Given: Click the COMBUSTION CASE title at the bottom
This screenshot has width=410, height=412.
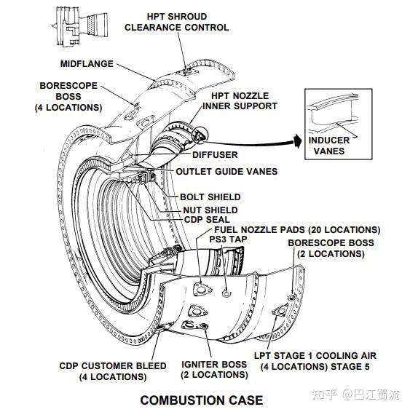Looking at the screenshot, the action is tap(202, 400).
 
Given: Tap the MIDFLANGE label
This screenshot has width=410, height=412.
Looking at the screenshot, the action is tap(87, 64).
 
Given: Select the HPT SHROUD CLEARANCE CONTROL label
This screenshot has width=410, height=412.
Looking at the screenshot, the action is tap(177, 22).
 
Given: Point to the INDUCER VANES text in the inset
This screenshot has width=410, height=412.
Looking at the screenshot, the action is tap(329, 146).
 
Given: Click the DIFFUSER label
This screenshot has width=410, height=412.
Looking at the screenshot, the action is tap(215, 155).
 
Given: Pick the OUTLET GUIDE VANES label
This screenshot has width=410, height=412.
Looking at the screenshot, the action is tap(226, 172).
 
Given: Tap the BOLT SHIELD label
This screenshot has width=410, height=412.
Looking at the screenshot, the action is tap(210, 197).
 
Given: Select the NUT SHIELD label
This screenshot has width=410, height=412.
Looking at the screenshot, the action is tap(210, 210).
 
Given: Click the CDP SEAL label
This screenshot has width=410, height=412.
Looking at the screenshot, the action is tap(207, 219).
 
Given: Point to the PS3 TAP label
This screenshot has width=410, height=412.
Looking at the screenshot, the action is tap(228, 239).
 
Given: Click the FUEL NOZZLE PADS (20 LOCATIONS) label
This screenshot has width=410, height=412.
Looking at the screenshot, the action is tap(298, 229).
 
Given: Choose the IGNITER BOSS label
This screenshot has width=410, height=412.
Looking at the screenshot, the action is tap(214, 370).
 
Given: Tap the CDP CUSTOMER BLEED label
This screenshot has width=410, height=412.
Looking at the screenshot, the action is tap(113, 371).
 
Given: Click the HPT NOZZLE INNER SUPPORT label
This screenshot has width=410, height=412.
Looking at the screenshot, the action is tap(240, 101).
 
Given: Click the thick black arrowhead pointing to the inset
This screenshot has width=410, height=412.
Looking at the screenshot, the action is tap(298, 141).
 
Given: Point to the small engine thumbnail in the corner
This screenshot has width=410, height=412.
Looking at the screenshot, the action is tap(80, 26).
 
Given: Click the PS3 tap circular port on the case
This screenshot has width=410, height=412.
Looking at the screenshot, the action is tap(226, 293).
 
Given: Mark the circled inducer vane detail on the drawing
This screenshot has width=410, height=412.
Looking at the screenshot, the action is tap(200, 135).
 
